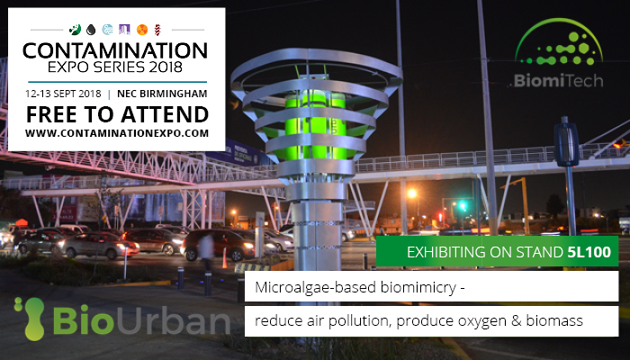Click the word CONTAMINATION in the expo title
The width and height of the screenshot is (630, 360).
[115, 51]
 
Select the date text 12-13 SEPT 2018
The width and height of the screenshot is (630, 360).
[63, 94]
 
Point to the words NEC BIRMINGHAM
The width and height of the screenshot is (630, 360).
[162, 94]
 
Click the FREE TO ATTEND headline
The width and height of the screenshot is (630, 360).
[117, 114]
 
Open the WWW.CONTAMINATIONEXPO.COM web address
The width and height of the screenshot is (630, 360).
[117, 133]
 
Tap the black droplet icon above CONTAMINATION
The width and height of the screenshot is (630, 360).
[91, 30]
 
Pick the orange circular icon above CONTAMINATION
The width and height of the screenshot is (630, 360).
[142, 30]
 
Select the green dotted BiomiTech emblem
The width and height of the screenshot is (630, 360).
[559, 42]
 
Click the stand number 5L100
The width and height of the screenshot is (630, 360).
[589, 252]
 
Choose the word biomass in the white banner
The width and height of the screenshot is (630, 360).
[554, 320]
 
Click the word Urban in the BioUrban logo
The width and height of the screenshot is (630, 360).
[173, 320]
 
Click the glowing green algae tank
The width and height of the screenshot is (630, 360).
[316, 124]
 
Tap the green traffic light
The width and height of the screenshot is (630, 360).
[462, 206]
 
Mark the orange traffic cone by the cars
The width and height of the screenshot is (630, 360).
[225, 258]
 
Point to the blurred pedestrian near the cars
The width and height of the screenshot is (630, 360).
[206, 250]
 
